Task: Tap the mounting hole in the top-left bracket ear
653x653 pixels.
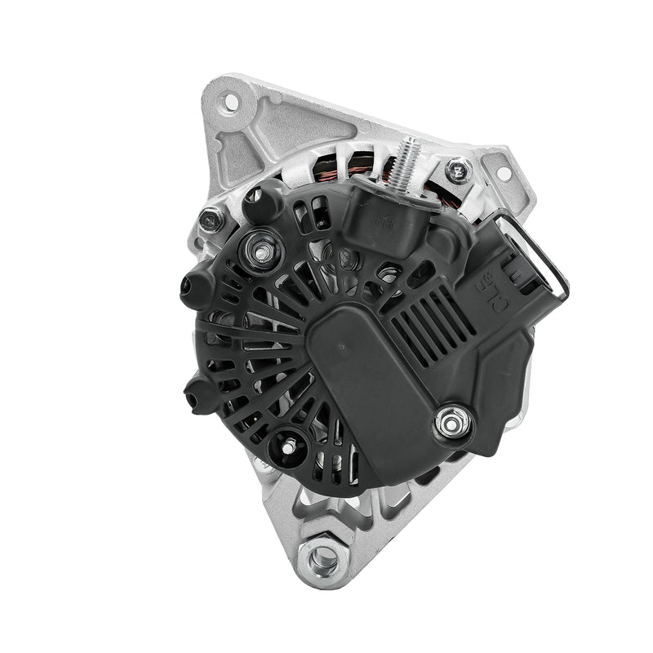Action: [x=229, y=102]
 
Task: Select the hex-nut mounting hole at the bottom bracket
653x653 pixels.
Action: [x=324, y=558]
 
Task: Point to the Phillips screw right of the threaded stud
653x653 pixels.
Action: [x=458, y=171]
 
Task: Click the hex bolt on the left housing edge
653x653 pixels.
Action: [x=212, y=219]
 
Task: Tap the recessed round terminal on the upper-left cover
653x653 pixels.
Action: [x=262, y=251]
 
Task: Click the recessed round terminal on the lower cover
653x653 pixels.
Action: [x=287, y=445]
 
